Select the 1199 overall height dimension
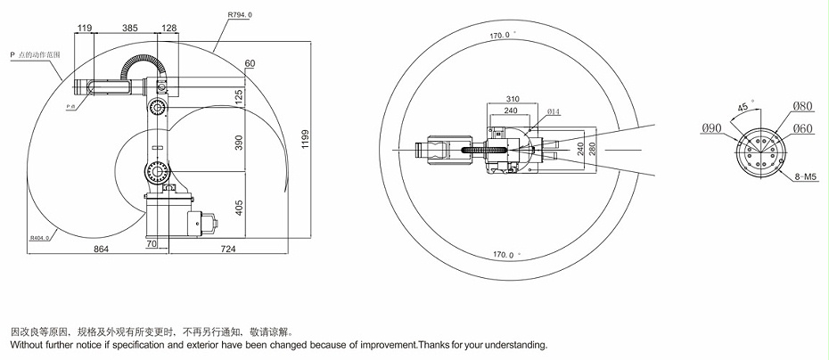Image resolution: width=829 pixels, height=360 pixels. pos(307,141)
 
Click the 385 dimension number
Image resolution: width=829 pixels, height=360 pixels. pos(129,29)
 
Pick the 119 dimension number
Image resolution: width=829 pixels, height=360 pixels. pos(85,29)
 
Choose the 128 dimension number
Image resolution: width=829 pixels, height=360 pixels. pos(170,29)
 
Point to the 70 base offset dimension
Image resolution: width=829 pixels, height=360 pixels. pos(152,242)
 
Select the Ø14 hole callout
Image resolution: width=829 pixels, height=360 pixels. pos(553,111)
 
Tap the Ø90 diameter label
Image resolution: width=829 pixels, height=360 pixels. pos(711,128)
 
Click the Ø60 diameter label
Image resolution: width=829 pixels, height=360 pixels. pos(804,128)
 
